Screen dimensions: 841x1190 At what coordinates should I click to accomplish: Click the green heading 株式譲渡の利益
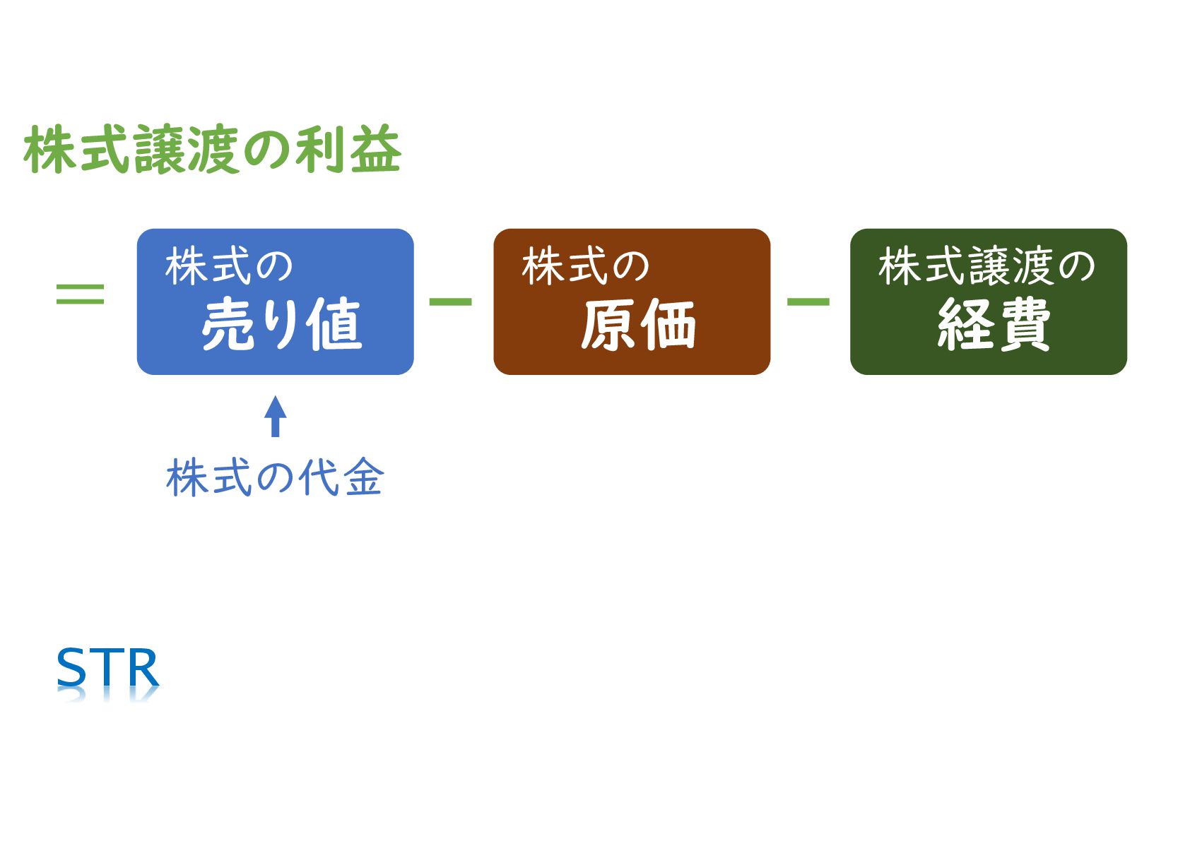click(x=213, y=150)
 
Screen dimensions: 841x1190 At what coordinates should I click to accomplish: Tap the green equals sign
click(x=80, y=294)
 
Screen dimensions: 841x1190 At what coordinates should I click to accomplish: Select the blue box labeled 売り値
click(x=275, y=302)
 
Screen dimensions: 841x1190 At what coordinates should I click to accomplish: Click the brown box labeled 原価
click(x=631, y=302)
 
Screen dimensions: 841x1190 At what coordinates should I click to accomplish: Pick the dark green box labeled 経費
click(x=988, y=302)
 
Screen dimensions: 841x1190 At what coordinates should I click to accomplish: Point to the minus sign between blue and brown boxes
click(x=450, y=302)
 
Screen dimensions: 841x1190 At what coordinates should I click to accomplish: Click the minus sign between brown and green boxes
click(x=808, y=302)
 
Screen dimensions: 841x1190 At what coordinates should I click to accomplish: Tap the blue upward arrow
click(x=275, y=416)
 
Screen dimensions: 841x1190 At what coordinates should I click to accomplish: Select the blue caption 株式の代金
click(x=275, y=478)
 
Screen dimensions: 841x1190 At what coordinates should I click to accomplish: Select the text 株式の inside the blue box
click(x=229, y=267)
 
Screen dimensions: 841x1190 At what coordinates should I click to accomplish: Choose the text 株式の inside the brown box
click(x=585, y=267)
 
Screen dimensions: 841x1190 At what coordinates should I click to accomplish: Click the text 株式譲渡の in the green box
click(x=986, y=267)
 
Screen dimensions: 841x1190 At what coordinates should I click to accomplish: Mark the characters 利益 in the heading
click(x=348, y=150)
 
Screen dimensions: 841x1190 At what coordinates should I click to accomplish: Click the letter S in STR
click(x=71, y=667)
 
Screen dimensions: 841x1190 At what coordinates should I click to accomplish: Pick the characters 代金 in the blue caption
click(x=341, y=478)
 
